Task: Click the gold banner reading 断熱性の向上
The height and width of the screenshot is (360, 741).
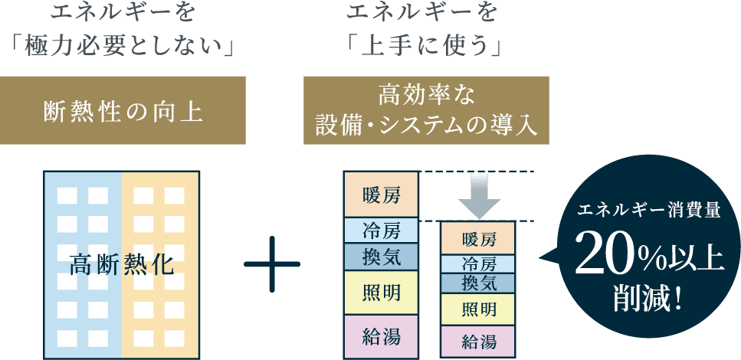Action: tap(123, 110)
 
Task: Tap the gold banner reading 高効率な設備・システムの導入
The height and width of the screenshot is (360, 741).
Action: tap(426, 110)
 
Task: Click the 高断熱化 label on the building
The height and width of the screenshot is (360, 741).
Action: tap(122, 265)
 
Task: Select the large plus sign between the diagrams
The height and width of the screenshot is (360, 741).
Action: tap(272, 264)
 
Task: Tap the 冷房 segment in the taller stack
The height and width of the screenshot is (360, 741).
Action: tap(381, 230)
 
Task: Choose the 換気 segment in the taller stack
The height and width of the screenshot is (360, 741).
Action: tap(381, 256)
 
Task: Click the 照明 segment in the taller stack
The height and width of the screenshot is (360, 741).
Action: tap(381, 292)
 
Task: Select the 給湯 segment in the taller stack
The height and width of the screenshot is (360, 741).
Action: tap(381, 335)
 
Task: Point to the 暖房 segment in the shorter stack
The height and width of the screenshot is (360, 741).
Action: tap(478, 239)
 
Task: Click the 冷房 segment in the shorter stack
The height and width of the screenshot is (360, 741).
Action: tap(478, 264)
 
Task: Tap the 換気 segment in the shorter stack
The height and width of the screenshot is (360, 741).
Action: tap(478, 283)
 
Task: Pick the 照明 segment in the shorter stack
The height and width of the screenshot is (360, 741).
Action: tap(478, 309)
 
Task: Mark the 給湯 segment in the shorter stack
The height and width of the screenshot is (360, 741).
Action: tap(478, 342)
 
